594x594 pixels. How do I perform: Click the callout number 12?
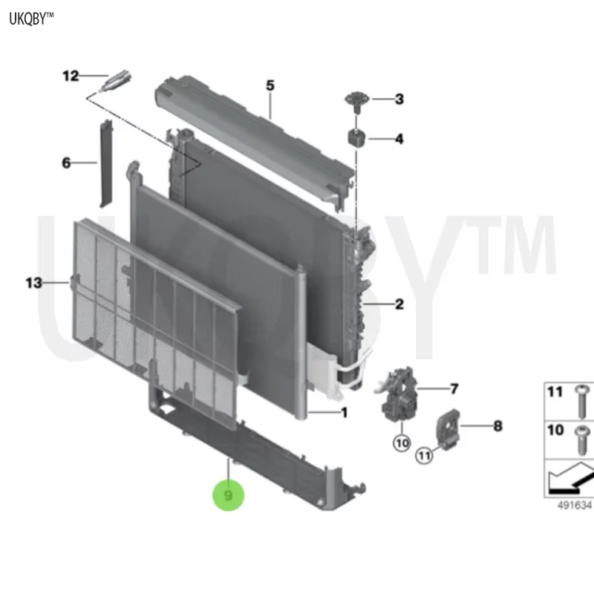[x=71, y=76]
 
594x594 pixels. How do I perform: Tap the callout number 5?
[x=270, y=85]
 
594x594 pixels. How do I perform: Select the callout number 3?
[x=399, y=99]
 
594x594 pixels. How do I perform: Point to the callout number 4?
[x=399, y=139]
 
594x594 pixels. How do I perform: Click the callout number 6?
[x=66, y=163]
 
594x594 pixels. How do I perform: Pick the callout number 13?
[x=33, y=283]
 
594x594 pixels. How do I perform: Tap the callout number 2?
[x=399, y=304]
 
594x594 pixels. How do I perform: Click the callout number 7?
[x=454, y=388]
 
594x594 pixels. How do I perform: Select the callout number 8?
[x=497, y=426]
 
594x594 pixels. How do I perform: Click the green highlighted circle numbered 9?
[x=228, y=495]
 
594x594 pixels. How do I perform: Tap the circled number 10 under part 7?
[x=402, y=443]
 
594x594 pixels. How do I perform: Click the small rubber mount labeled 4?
[x=356, y=137]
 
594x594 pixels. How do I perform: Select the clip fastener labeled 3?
[x=356, y=100]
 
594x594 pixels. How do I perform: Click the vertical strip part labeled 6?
[x=105, y=163]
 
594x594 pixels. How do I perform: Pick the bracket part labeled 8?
[x=449, y=428]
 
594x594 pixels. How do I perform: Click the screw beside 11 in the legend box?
[x=581, y=402]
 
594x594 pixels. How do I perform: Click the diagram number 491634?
[x=574, y=506]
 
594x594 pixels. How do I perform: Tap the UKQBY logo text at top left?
[x=31, y=19]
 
